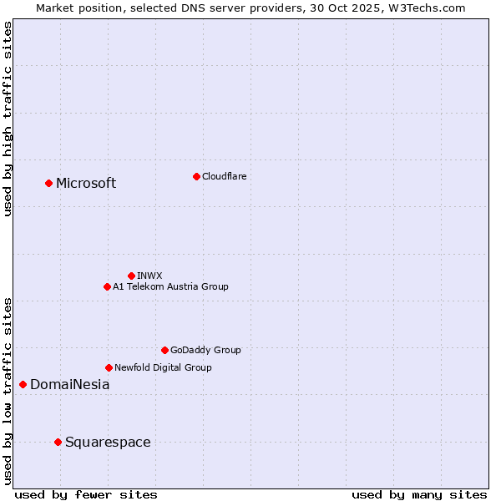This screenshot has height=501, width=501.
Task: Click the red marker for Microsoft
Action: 48,183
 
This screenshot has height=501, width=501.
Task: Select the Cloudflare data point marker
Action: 196,176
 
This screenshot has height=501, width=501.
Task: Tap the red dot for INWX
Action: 131,276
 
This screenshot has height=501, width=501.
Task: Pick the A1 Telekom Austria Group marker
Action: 107,286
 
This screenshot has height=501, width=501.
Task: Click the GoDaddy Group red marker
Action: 164,350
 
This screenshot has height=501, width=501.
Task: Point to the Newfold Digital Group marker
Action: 109,367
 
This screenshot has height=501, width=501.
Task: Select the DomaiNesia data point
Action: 23,384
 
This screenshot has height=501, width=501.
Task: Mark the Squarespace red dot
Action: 58,442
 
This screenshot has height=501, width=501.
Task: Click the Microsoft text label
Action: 86,184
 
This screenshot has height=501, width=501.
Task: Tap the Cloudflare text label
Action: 224,176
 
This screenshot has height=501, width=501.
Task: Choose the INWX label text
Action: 149,276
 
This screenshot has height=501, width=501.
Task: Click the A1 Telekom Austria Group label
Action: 170,286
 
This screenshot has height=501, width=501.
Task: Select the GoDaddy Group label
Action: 205,350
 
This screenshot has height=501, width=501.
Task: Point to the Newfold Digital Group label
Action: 163,367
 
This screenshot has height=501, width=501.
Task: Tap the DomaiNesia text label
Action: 69,385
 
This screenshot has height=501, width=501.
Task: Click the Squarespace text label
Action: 108,443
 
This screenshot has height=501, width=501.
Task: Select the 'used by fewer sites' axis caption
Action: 86,494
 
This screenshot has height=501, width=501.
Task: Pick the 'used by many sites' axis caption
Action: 419,494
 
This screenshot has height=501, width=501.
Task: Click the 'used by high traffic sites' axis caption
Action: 8,119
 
